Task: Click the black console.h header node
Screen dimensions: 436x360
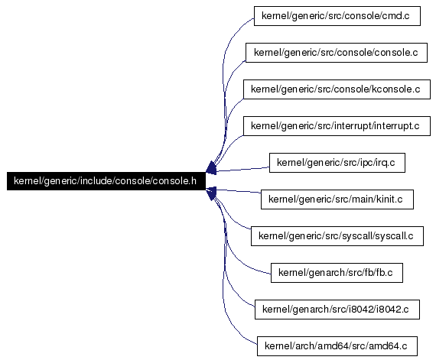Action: click(x=106, y=181)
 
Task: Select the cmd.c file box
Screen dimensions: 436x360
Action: click(x=337, y=16)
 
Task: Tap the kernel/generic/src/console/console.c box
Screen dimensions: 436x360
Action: click(x=337, y=53)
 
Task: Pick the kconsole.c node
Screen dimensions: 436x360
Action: click(x=337, y=89)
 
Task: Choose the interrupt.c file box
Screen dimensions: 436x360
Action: click(x=337, y=126)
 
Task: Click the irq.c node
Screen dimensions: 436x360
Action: click(x=337, y=163)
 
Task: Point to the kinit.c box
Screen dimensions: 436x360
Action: click(x=337, y=199)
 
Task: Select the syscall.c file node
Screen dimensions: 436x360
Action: click(x=337, y=236)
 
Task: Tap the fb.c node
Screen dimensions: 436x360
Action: click(x=337, y=273)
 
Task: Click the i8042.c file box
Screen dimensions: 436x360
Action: click(x=337, y=310)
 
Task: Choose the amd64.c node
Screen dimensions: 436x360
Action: click(x=337, y=346)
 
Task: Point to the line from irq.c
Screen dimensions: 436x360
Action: click(x=242, y=169)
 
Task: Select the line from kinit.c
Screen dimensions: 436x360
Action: click(x=239, y=191)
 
